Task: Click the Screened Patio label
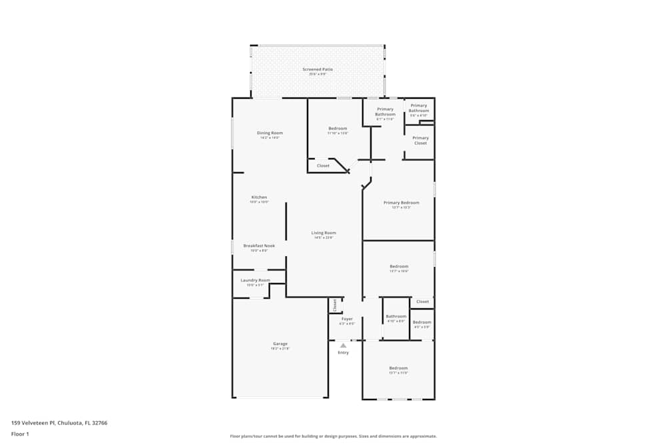[x=317, y=69]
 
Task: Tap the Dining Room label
[x=270, y=133]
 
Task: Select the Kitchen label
[x=259, y=197]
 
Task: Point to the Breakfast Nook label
[x=259, y=246]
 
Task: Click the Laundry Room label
[x=255, y=280]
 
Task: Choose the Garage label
[x=279, y=344]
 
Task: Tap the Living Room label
[x=323, y=233]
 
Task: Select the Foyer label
[x=347, y=319]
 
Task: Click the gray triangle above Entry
[x=343, y=346]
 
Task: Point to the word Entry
[x=343, y=353]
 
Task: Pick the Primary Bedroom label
[x=401, y=203]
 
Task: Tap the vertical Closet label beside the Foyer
[x=335, y=305]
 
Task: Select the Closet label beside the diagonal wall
[x=323, y=165]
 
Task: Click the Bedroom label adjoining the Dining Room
[x=338, y=128]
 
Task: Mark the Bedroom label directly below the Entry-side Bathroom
[x=398, y=368]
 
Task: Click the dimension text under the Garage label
[x=279, y=348]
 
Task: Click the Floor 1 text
[x=20, y=434]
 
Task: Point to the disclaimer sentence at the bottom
[x=333, y=436]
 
